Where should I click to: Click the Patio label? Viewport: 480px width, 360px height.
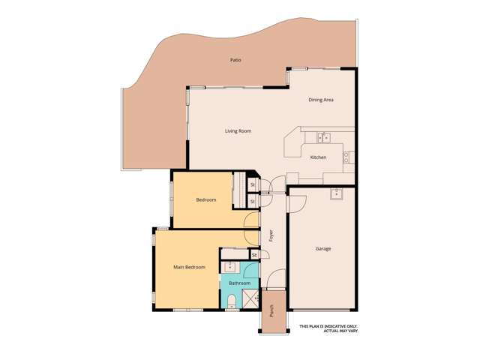click(x=236, y=60)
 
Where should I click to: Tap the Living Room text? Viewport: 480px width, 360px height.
click(x=238, y=131)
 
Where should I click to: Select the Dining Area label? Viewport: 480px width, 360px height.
click(x=321, y=100)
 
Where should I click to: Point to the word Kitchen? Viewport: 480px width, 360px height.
click(x=319, y=157)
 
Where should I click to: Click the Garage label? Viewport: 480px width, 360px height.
click(x=323, y=248)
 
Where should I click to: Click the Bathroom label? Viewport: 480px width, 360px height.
click(x=239, y=283)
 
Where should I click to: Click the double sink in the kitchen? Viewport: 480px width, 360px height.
click(x=323, y=137)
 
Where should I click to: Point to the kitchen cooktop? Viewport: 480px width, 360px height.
click(x=346, y=157)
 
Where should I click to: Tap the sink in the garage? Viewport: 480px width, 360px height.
click(x=337, y=194)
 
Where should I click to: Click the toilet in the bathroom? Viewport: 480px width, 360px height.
click(x=232, y=301)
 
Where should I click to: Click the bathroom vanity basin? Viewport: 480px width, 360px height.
click(x=229, y=267)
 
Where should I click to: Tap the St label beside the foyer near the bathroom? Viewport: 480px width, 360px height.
click(x=254, y=256)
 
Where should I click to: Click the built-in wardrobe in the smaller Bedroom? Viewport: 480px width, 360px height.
click(x=239, y=192)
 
